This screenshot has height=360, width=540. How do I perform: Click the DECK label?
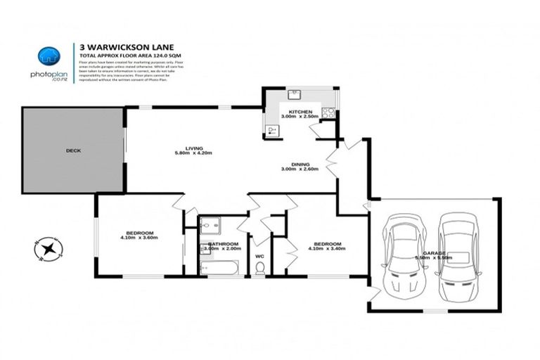tap(73, 150)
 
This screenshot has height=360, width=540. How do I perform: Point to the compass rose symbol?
tap(47, 249)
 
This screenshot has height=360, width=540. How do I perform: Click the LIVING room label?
tap(193, 148)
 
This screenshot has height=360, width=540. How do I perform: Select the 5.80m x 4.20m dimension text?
tap(193, 153)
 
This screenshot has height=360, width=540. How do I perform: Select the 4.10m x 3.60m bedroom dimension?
tap(139, 238)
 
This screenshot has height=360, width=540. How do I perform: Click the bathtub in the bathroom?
tap(219, 266)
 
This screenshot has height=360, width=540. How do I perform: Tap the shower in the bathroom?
tap(210, 226)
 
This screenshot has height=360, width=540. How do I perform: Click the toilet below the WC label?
tap(259, 268)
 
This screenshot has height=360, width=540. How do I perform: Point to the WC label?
tap(259, 256)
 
